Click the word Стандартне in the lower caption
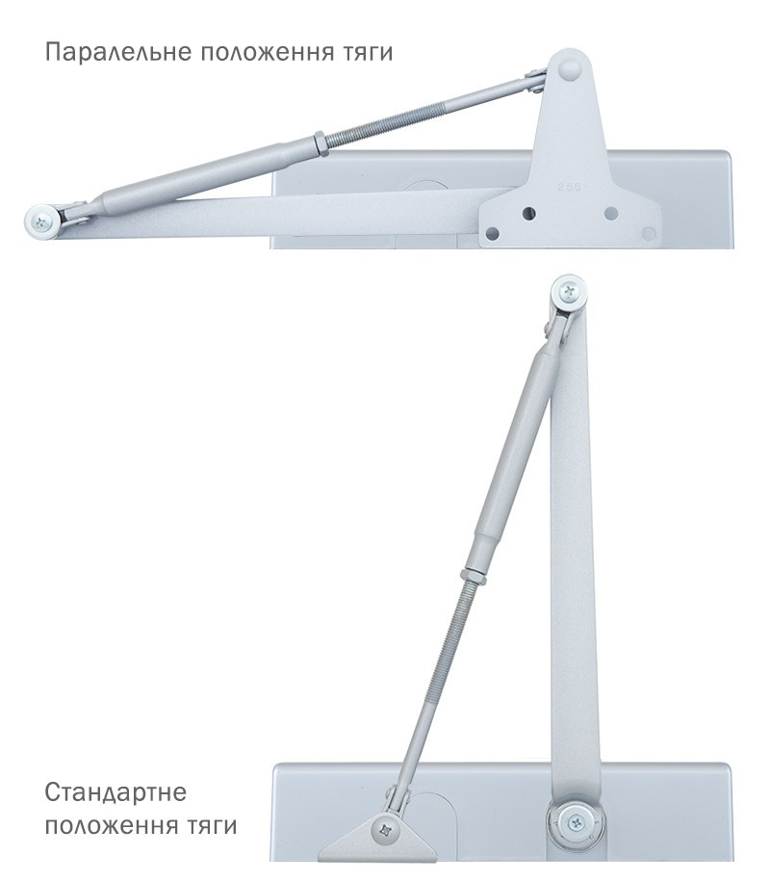(x=115, y=792)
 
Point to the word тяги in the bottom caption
(x=211, y=826)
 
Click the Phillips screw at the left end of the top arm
(x=41, y=220)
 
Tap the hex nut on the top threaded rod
(x=321, y=144)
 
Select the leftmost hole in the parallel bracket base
(x=493, y=233)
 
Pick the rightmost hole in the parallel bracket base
(x=648, y=233)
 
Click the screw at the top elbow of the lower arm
(x=569, y=292)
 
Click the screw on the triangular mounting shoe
(x=386, y=829)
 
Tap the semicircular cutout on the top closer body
(x=426, y=186)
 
